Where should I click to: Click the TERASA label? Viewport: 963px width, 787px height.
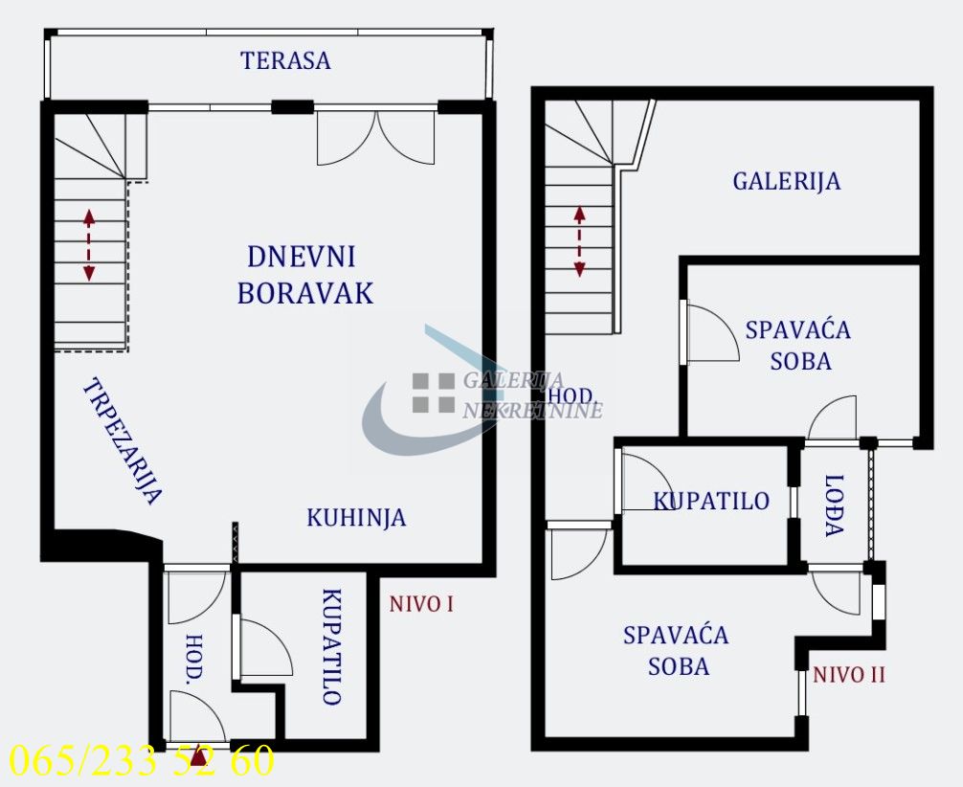click(x=285, y=61)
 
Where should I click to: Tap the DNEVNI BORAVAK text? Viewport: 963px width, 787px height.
click(x=303, y=275)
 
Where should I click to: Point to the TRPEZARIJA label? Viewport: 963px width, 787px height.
click(x=122, y=441)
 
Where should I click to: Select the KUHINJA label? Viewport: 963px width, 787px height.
click(x=356, y=518)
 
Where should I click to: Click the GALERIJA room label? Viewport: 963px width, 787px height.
click(x=787, y=181)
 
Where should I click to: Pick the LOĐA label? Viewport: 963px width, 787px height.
click(x=834, y=505)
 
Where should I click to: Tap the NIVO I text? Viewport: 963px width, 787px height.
click(x=420, y=604)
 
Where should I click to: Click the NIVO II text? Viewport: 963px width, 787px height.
click(x=849, y=675)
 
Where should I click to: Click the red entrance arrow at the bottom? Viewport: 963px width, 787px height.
click(x=198, y=757)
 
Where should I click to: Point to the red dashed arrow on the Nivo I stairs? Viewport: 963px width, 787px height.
click(x=89, y=245)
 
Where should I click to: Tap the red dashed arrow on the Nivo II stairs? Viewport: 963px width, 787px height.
click(x=579, y=241)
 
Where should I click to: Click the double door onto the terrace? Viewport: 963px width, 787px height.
click(x=376, y=137)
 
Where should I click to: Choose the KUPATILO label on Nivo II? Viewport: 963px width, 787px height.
click(x=711, y=501)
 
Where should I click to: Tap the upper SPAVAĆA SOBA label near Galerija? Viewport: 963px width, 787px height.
click(x=798, y=346)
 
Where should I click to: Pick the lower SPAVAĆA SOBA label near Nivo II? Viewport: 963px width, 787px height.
click(x=676, y=650)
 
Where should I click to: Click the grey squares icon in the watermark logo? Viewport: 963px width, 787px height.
click(x=433, y=393)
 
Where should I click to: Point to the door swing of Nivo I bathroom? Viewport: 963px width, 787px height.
click(x=265, y=648)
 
